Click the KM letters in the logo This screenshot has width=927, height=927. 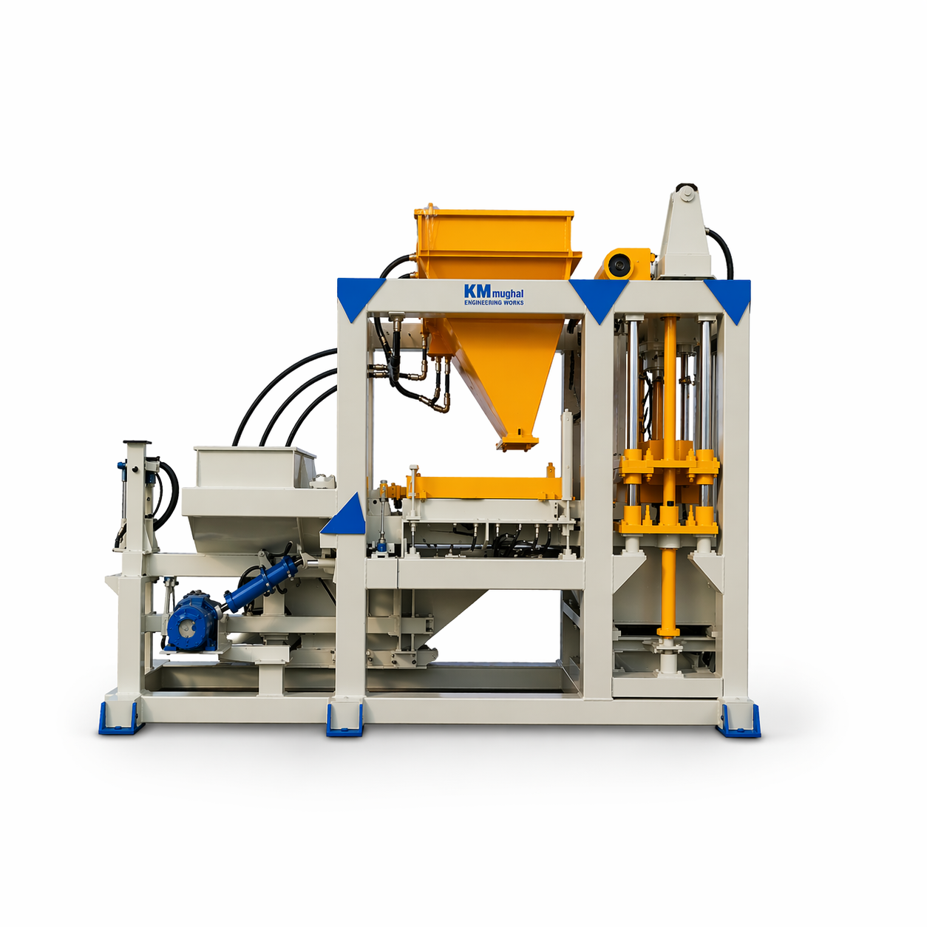coord(477,291)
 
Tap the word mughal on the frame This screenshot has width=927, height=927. coord(508,293)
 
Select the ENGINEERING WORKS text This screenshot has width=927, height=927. coord(494,302)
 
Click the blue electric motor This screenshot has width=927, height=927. coord(191,621)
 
